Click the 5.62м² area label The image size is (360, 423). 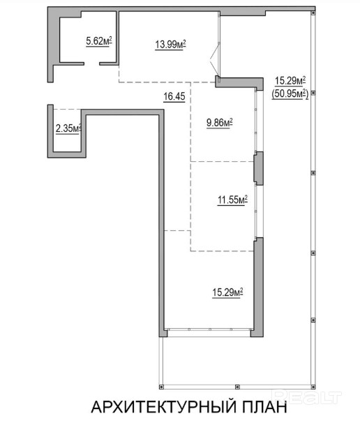coord(99,41)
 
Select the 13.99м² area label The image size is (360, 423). coord(170,44)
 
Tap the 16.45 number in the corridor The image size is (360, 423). coord(174,96)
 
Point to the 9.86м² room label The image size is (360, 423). coord(220,123)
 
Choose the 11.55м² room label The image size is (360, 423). coord(233,200)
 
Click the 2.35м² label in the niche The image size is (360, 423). coord(68,128)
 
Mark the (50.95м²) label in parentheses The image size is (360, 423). coord(290,94)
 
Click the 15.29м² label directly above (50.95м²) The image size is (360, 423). coord(290,81)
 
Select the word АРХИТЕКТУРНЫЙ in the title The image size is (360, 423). coord(164,407)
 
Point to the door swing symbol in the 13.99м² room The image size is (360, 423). coord(215,59)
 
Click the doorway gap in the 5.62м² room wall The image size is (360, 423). coord(91,64)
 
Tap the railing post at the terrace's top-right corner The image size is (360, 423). coord(313,13)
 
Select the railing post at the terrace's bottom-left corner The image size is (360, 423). coord(161,387)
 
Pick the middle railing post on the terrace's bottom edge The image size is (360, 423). coord(237,387)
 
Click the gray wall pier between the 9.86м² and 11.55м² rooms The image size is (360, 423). coord(258,168)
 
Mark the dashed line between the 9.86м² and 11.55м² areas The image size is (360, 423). coord(222,162)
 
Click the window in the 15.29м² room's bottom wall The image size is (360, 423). coord(209,329)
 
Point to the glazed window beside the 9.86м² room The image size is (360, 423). coord(255,121)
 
